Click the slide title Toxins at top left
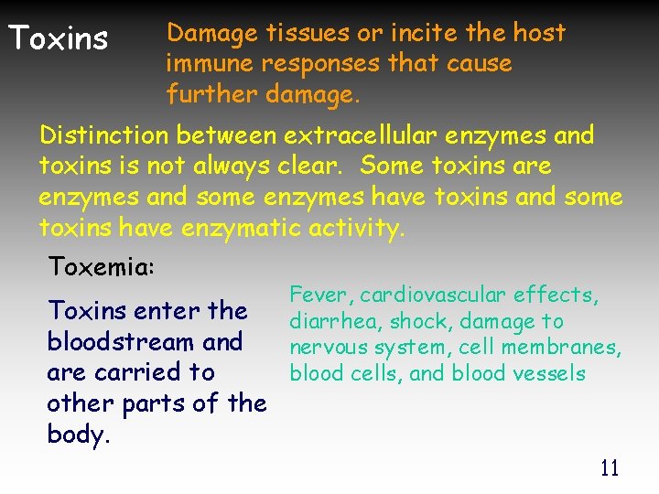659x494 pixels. point(58,39)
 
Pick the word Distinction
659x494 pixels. point(103,136)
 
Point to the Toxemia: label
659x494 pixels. point(102,267)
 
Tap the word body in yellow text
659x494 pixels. point(78,435)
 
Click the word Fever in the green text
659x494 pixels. point(320,295)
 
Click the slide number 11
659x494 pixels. point(609,469)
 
